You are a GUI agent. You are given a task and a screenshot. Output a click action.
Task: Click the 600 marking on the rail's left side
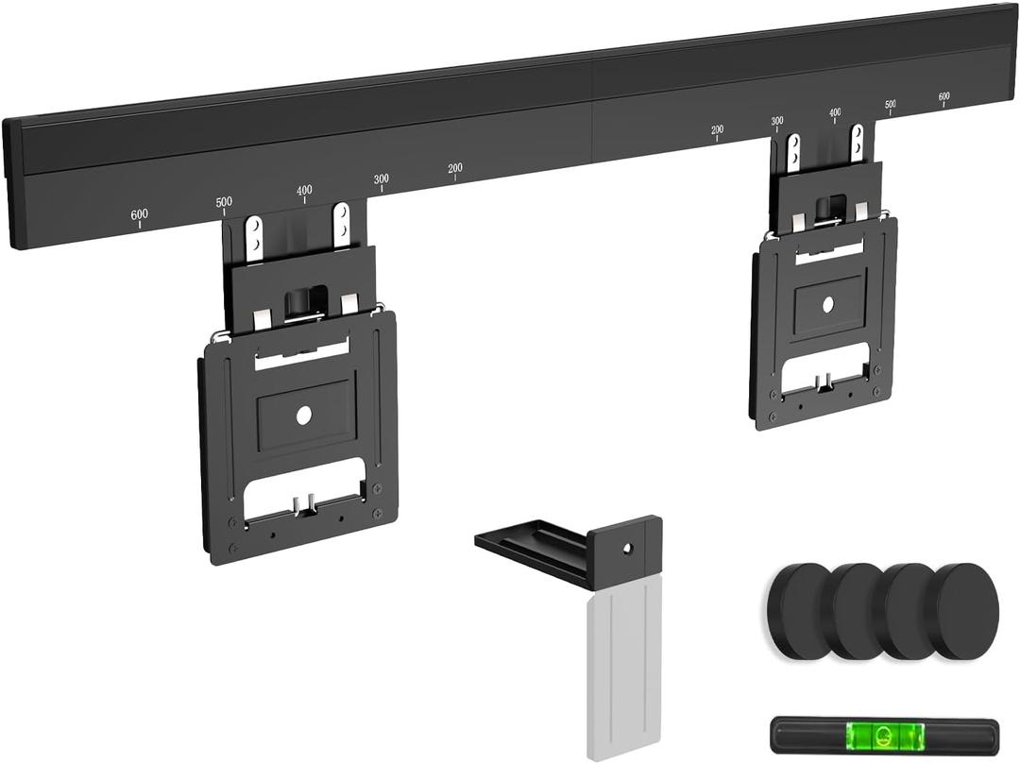coord(139,215)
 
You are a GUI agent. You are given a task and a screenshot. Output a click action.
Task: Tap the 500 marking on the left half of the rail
coord(224,202)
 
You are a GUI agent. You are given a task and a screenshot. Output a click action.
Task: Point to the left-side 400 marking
coord(304,190)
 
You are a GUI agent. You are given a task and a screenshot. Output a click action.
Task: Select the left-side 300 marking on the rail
coord(381,178)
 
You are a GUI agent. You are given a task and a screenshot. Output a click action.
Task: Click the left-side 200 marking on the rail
coord(455,168)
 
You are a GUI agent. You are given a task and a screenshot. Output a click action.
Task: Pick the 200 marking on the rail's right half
coord(717,130)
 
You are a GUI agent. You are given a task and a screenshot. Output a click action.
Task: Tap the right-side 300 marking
coord(777,121)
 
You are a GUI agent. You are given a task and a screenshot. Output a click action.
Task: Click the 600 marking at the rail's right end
coord(944,96)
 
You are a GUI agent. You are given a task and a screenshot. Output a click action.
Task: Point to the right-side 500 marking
coord(891,104)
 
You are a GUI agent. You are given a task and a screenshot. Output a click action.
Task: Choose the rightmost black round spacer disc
coord(968,609)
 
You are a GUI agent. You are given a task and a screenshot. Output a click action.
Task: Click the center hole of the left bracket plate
coord(303,415)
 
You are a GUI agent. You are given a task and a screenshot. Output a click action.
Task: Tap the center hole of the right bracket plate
coord(828,304)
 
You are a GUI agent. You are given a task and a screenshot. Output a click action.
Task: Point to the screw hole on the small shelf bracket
coord(626,547)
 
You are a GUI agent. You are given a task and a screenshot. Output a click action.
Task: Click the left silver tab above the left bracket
coord(253,237)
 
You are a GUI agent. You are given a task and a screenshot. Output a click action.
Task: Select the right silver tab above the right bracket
coord(857,143)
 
